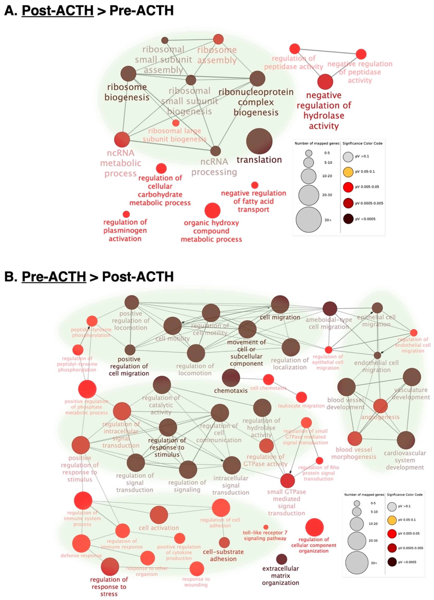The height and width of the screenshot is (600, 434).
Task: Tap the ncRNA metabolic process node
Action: pyautogui.click(x=122, y=139)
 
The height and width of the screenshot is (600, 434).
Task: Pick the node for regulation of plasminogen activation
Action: pyautogui.click(x=126, y=214)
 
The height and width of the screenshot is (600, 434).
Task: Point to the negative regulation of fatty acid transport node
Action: pyautogui.click(x=254, y=185)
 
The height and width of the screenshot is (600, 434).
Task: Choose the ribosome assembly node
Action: pyautogui.click(x=218, y=39)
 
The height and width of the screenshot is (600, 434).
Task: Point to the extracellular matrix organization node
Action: pyautogui.click(x=281, y=559)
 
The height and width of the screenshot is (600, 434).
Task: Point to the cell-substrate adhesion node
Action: pyautogui.click(x=224, y=542)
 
